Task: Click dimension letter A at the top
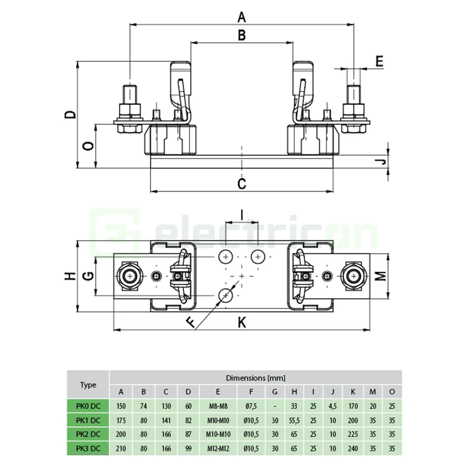point(242,17)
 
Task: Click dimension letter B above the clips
point(242,35)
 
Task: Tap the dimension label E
point(379,61)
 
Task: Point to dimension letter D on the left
point(70,115)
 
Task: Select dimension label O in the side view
point(88,146)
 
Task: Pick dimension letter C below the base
point(242,184)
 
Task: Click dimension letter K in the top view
point(242,323)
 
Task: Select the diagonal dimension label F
point(191,322)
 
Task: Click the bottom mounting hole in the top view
point(226,295)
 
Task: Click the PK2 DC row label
point(88,434)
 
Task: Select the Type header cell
point(88,385)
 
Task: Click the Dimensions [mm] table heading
point(256,378)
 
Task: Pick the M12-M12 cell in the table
point(218,449)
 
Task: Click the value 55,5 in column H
point(294,420)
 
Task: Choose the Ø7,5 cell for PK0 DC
point(251,406)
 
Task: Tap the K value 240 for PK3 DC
point(353,449)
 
